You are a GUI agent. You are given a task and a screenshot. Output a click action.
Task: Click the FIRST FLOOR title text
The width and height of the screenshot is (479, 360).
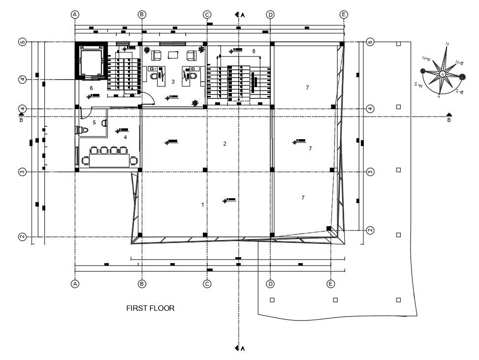pos(151,308)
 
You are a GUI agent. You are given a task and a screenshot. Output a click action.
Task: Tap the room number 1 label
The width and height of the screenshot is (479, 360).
pos(202,204)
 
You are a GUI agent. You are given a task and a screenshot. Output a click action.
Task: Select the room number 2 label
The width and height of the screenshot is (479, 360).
pos(224,144)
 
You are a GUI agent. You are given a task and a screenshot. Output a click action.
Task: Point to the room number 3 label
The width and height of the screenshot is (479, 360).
pos(173,82)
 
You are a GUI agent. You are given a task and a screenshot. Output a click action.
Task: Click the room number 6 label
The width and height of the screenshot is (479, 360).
pos(91,88)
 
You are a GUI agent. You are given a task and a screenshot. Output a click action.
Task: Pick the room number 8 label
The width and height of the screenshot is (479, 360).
pos(254,51)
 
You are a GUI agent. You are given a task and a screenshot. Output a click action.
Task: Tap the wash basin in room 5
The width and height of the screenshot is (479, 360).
pos(104,123)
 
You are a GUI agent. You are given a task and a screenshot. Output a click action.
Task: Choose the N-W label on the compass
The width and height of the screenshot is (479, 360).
pos(426,59)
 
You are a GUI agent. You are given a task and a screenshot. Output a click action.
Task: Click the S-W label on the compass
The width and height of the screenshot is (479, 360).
pos(419,85)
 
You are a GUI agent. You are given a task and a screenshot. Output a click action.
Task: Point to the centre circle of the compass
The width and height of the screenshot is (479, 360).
pos(443,74)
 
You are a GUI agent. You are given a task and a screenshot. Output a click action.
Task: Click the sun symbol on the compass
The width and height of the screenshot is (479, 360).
pos(463,76)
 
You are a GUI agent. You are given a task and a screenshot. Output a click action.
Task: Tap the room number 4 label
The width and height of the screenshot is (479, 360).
pos(125,137)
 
